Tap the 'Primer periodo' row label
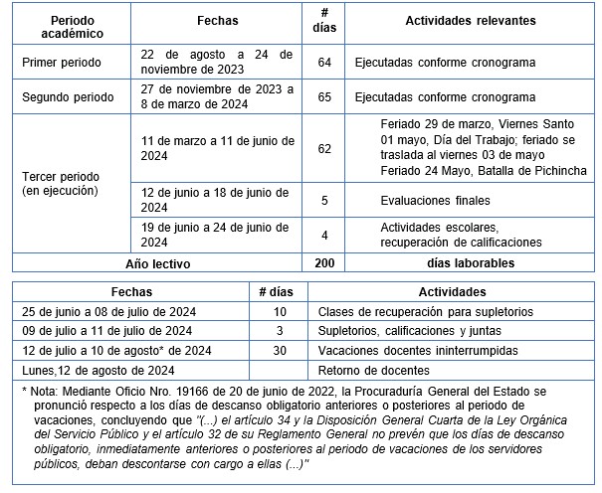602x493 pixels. tap(61, 63)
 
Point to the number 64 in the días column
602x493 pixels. tap(324, 63)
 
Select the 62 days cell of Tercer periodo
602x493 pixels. tap(324, 148)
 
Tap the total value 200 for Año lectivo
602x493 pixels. tap(324, 263)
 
